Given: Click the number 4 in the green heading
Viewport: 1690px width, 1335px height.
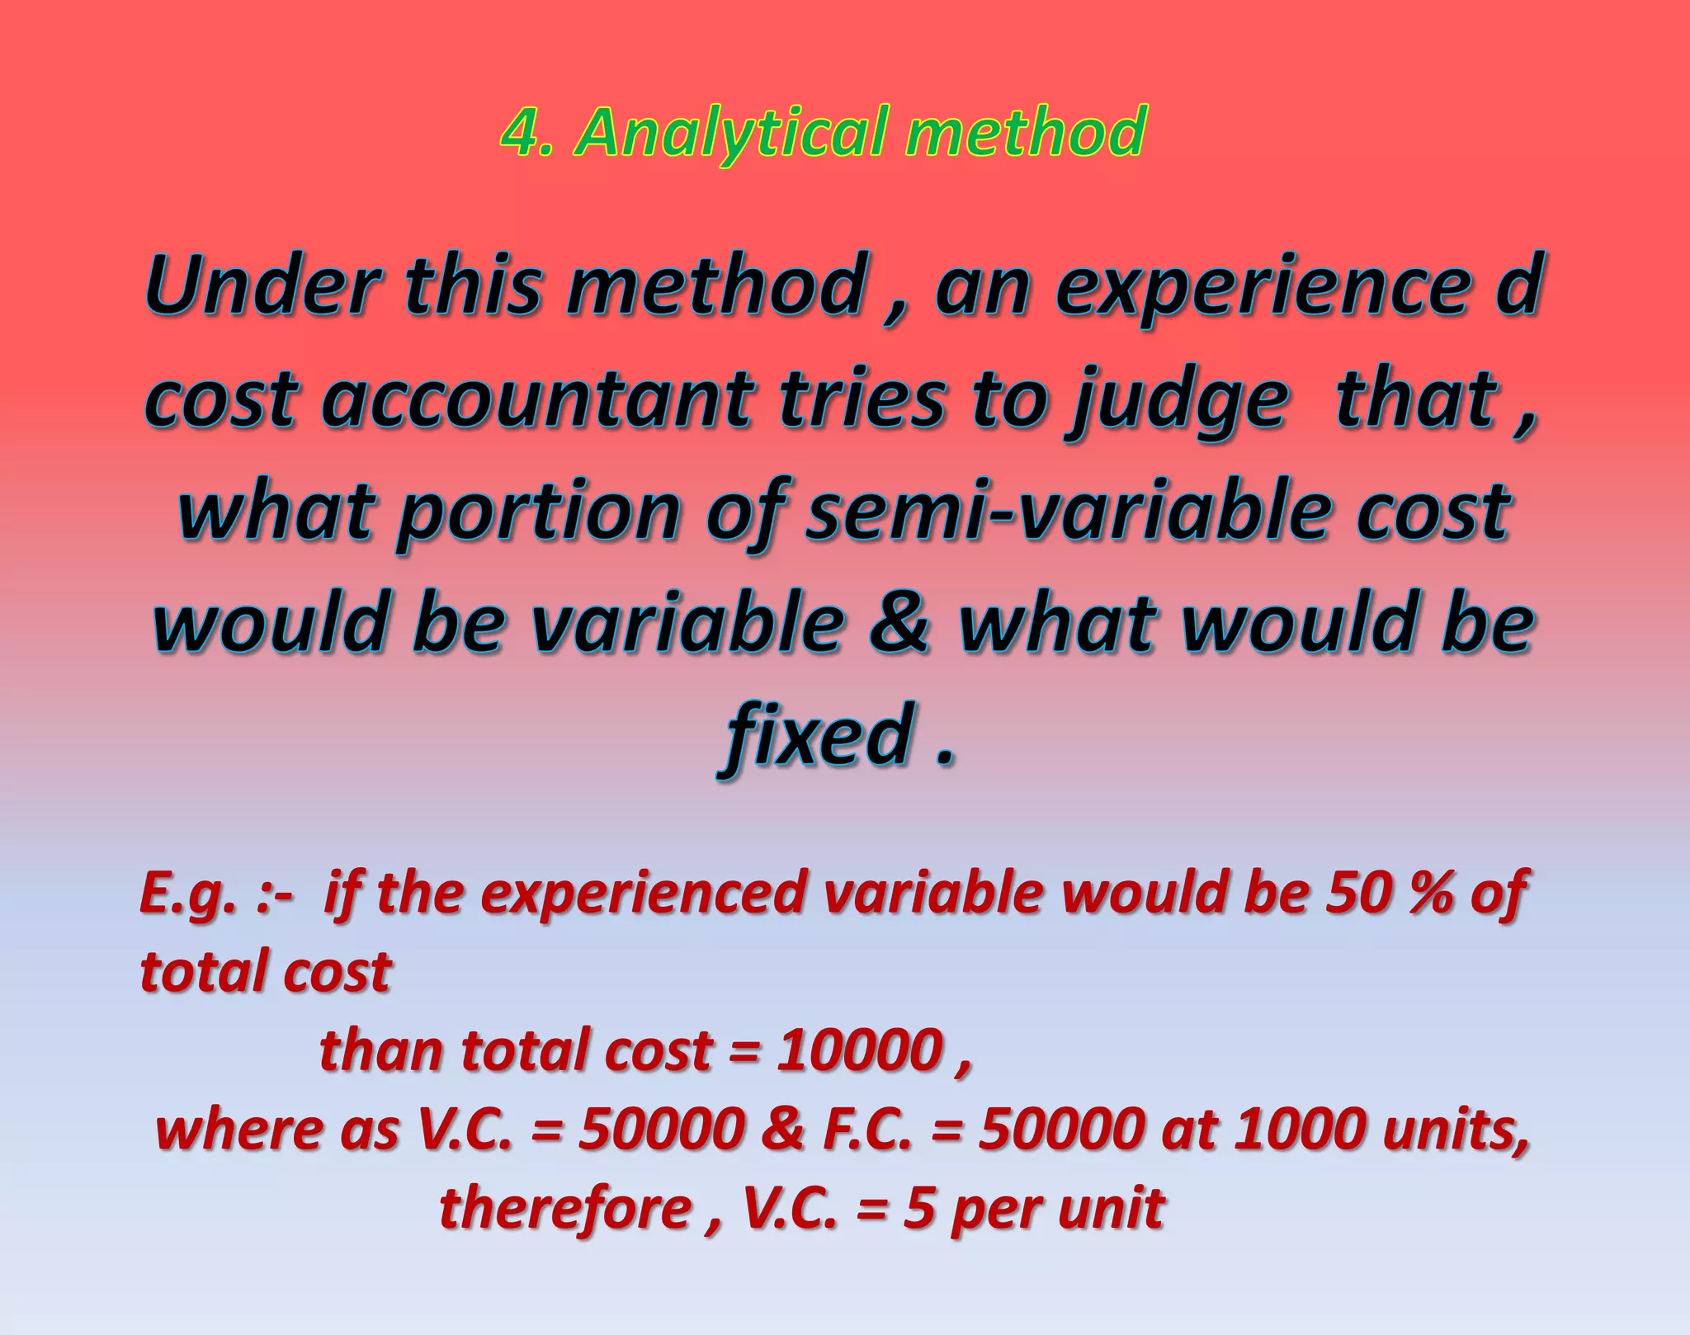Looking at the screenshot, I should click(517, 132).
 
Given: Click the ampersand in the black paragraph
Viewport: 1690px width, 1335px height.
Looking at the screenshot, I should click(901, 622).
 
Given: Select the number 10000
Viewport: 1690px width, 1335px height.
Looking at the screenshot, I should click(858, 1050).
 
